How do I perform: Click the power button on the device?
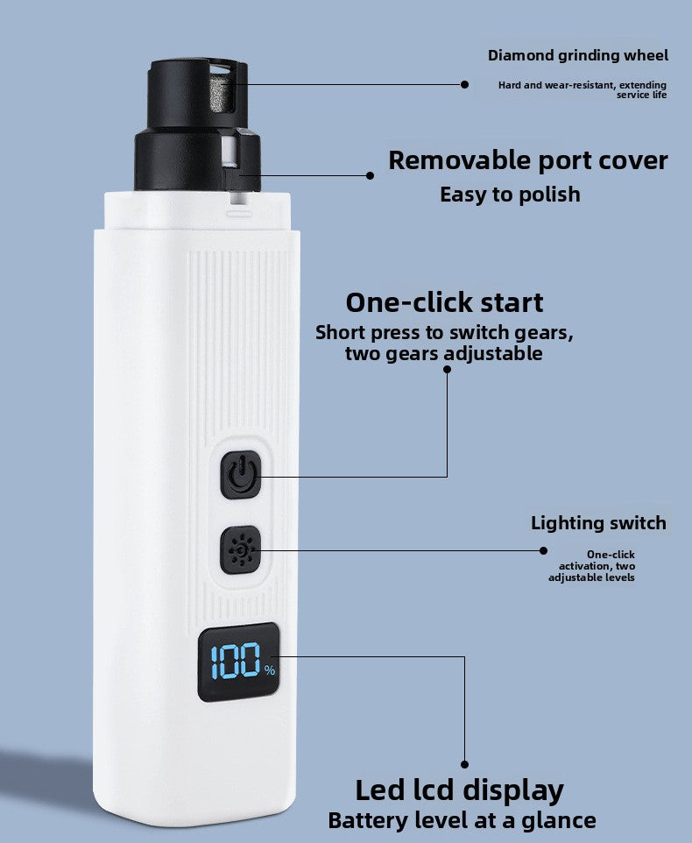241,474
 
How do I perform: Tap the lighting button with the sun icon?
241,550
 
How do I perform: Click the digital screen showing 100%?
239,663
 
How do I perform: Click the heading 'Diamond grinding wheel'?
577,55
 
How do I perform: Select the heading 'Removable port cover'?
527,160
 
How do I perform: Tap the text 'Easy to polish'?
510,194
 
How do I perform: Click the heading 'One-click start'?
444,302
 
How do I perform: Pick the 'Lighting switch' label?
598,523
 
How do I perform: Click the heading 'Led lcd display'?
459,790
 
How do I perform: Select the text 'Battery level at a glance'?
462,821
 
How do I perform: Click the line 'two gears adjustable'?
443,354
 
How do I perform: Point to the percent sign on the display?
269,670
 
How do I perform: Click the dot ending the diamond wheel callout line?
465,84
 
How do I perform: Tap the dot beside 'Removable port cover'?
370,175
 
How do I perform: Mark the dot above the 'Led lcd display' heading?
464,764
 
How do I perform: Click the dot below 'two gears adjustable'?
447,370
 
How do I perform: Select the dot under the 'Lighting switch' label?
543,550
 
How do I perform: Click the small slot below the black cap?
239,212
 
